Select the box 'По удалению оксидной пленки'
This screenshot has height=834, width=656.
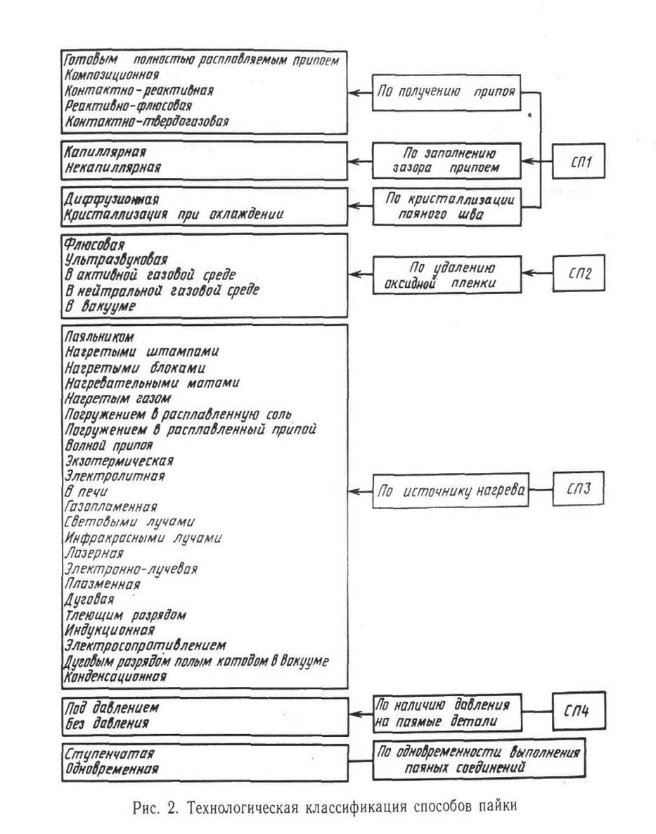[x=448, y=274]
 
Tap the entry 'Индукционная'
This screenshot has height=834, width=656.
[x=109, y=629]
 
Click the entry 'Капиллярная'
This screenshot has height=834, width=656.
[x=105, y=152]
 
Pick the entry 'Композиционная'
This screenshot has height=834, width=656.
[x=111, y=75]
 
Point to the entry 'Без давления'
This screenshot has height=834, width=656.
[x=106, y=723]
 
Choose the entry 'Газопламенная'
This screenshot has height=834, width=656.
[x=110, y=506]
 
